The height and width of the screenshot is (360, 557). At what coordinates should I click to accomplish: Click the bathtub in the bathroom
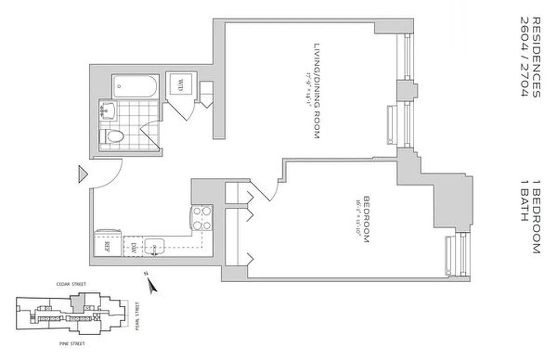coord(135,86)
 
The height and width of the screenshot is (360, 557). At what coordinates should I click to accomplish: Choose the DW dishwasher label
coord(134,247)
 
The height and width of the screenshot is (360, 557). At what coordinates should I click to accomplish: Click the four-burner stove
coord(202,218)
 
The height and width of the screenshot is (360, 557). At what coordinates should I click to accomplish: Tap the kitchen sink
coord(154,246)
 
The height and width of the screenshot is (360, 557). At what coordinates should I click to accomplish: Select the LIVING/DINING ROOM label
coord(316,90)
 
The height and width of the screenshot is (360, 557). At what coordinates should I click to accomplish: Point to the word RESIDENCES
coord(535,57)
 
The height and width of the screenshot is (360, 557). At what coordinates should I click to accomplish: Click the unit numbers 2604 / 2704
coord(524,57)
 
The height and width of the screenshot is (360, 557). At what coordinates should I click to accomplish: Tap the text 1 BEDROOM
coord(535,216)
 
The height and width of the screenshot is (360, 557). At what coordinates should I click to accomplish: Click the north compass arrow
coord(152,283)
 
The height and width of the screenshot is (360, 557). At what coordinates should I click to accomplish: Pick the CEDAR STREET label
coord(71,284)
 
